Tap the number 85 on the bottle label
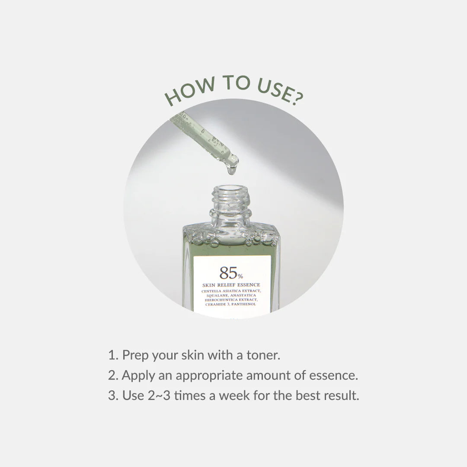tap(227, 273)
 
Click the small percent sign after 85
tap(240, 275)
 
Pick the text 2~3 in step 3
tap(158, 396)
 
